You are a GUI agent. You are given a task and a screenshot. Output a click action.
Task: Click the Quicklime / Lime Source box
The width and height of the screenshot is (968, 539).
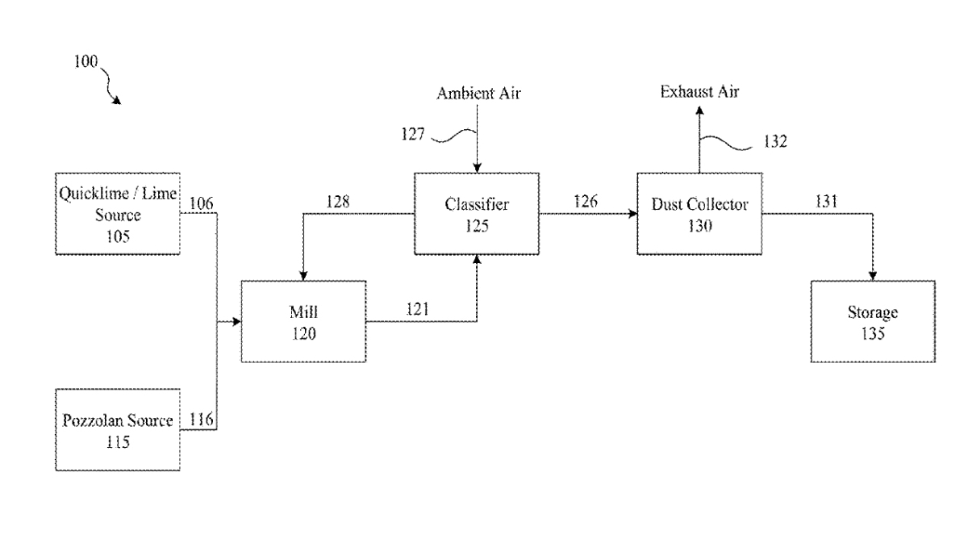coord(118,213)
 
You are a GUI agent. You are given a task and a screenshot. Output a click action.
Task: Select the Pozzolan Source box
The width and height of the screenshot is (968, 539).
coord(118,429)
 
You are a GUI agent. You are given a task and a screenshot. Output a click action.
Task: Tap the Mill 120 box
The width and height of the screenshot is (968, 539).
coord(303,321)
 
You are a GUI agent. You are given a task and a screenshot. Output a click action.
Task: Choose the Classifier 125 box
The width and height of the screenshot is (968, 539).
coord(477,213)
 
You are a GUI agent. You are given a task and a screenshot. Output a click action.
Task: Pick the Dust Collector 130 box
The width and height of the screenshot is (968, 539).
coord(699,213)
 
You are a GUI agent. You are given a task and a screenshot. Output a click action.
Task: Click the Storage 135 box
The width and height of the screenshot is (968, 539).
coord(873,321)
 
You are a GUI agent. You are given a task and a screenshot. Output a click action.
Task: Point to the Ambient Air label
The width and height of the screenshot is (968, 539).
coord(479,93)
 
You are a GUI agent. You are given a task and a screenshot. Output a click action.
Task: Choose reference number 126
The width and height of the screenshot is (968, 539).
coord(585,203)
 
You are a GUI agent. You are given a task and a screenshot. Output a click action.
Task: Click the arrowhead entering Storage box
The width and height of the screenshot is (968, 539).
coord(873,276)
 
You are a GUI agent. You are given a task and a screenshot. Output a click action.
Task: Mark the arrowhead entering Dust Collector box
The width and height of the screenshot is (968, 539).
coord(632,214)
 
